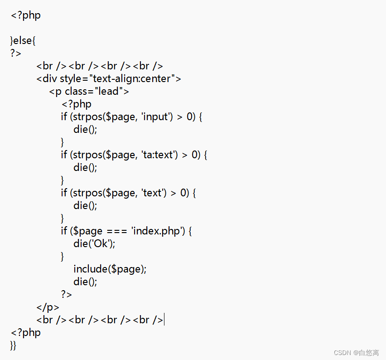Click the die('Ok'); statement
(x=94, y=243)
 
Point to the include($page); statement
(x=110, y=269)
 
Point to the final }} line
(x=13, y=345)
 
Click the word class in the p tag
(x=76, y=91)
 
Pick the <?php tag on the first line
(x=25, y=15)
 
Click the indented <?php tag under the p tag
(x=77, y=104)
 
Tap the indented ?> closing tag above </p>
(x=66, y=294)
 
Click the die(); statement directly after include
(x=85, y=282)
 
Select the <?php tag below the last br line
(x=25, y=332)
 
